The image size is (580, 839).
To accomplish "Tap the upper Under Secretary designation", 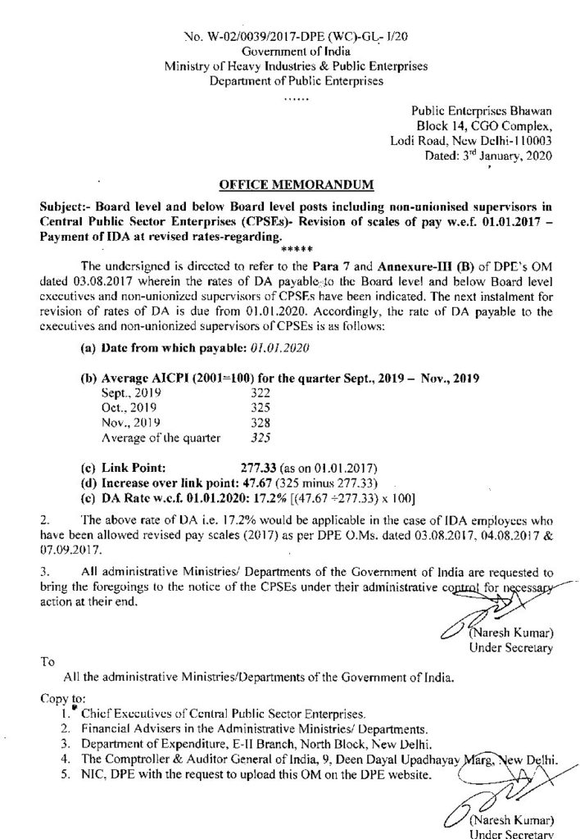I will click(x=511, y=648).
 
